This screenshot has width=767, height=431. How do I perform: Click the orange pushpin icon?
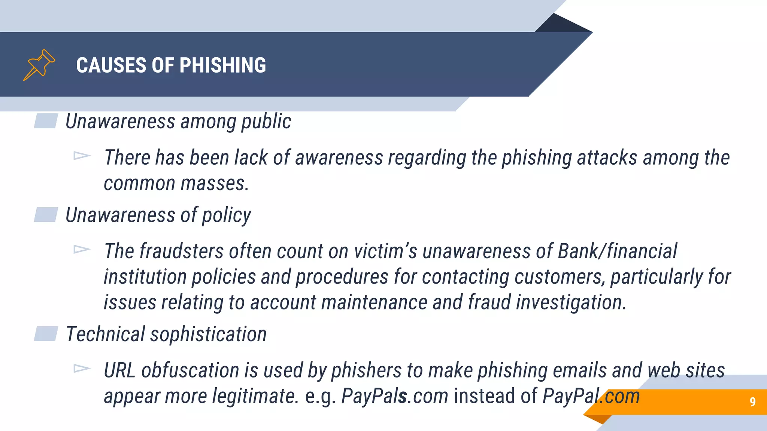pyautogui.click(x=39, y=65)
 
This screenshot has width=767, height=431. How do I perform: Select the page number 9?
pyautogui.click(x=752, y=402)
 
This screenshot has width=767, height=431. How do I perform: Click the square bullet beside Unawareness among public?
pyautogui.click(x=46, y=121)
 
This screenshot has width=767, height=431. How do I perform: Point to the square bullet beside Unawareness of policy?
pyautogui.click(x=46, y=214)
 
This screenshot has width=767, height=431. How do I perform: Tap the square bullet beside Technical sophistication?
pyautogui.click(x=46, y=334)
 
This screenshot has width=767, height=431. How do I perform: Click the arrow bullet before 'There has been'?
pyautogui.click(x=82, y=156)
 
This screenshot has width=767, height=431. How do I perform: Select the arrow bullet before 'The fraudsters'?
pyautogui.click(x=82, y=249)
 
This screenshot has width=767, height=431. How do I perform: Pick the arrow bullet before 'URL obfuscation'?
pyautogui.click(x=82, y=369)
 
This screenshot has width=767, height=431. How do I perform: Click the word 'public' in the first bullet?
pyautogui.click(x=266, y=122)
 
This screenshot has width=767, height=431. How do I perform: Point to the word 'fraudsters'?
pyautogui.click(x=182, y=251)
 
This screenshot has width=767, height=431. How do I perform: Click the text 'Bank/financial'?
pyautogui.click(x=617, y=251)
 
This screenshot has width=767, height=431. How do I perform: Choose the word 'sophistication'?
pyautogui.click(x=208, y=334)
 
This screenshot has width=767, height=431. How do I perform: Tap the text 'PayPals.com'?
pyautogui.click(x=395, y=396)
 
